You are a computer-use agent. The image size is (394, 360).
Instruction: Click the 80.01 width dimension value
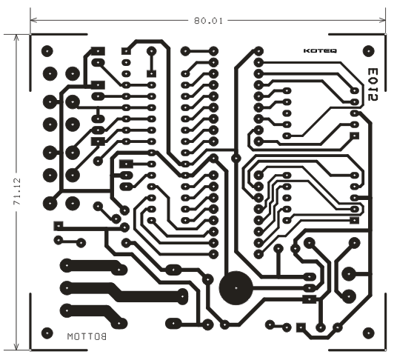tap(208, 21)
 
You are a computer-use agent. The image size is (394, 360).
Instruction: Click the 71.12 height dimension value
tap(17, 191)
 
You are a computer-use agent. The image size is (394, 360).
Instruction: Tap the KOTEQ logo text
tap(320, 51)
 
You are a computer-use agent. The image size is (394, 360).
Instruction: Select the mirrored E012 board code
tap(373, 84)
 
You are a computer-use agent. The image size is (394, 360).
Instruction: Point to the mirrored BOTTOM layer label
tap(87, 336)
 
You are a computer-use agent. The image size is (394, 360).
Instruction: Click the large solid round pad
tap(236, 288)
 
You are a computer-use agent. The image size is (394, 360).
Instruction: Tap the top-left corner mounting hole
tap(47, 51)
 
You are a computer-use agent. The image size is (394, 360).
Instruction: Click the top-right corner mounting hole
tap(368, 51)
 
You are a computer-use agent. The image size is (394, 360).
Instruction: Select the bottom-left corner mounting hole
tap(47, 333)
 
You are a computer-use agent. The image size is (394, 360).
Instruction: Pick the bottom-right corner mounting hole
tap(368, 333)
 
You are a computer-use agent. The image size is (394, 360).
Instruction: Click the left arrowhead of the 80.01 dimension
tap(33, 20)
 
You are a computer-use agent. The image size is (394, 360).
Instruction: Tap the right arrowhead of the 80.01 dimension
tap(382, 20)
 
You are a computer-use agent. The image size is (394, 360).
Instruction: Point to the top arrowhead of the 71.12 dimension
tap(16, 38)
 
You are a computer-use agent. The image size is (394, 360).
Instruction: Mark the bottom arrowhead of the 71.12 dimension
tap(16, 346)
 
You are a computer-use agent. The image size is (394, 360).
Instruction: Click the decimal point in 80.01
tap(209, 24)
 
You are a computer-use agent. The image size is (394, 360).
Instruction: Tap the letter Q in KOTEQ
tap(333, 51)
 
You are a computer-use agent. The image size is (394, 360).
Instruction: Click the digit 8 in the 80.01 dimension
tap(197, 21)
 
